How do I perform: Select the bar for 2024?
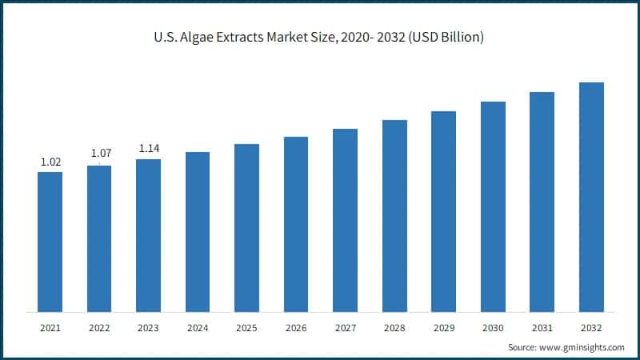pyautogui.click(x=198, y=232)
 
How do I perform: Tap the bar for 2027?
pyautogui.click(x=345, y=220)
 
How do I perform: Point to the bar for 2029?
pyautogui.click(x=443, y=211)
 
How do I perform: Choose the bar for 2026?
pyautogui.click(x=296, y=224)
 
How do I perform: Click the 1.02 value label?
pyautogui.click(x=50, y=162)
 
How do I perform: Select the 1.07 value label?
pyautogui.click(x=100, y=153)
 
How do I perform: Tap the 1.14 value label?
pyautogui.click(x=150, y=148)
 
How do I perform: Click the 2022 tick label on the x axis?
pyautogui.click(x=99, y=328)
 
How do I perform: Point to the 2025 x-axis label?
pyautogui.click(x=246, y=328)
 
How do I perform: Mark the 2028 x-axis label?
pyautogui.click(x=394, y=328)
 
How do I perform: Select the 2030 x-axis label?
pyautogui.click(x=493, y=328)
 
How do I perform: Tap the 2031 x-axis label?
pyautogui.click(x=542, y=328)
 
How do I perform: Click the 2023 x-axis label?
pyautogui.click(x=148, y=328)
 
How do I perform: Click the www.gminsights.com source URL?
pyautogui.click(x=583, y=347)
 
